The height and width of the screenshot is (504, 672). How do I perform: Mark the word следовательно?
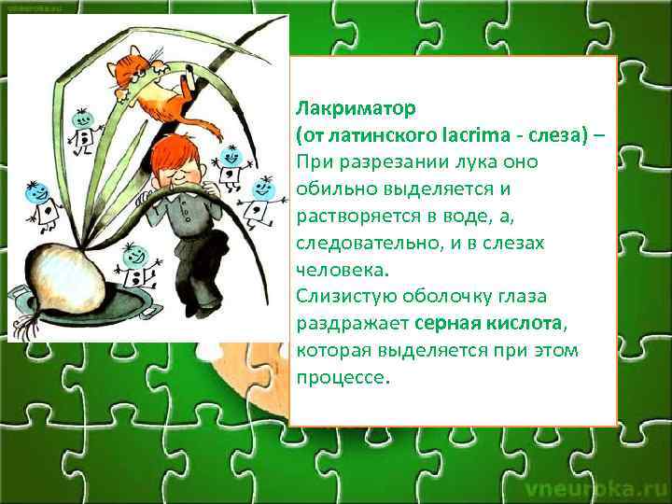pos(368,244)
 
